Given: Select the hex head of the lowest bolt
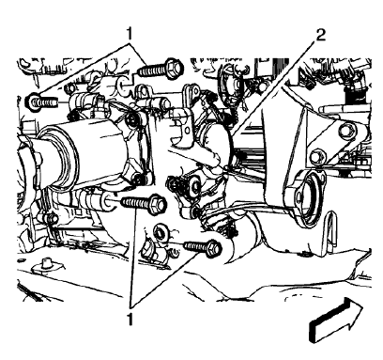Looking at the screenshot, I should coord(212,249).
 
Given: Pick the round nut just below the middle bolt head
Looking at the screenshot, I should coord(161,231).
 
